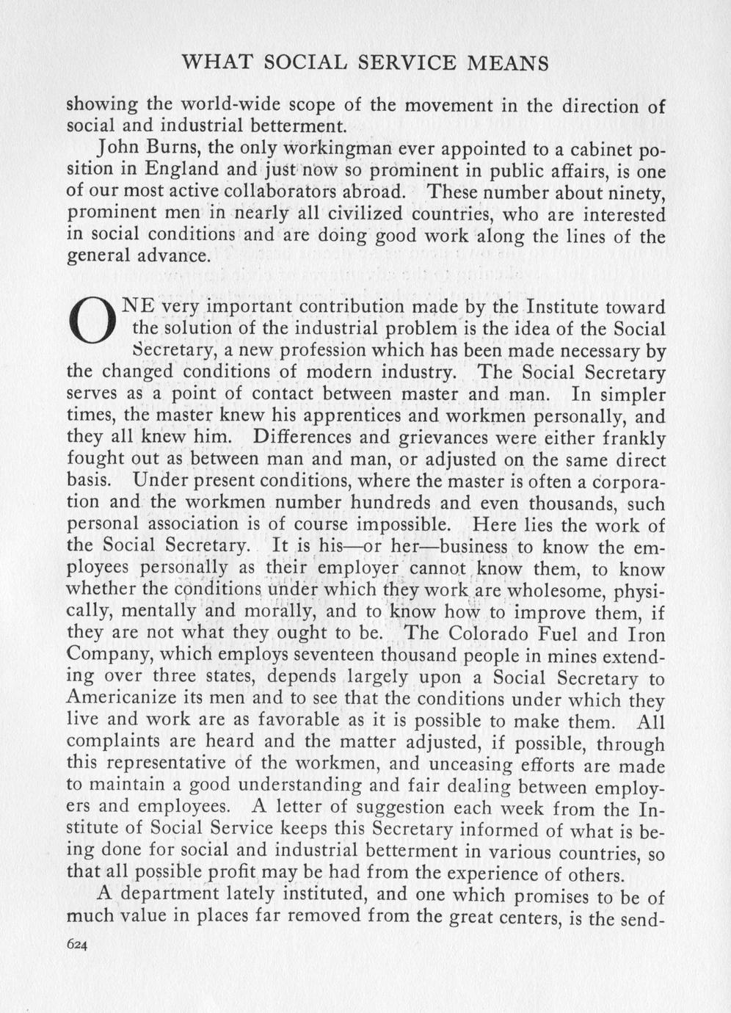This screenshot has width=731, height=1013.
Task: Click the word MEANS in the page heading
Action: pos(508,63)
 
